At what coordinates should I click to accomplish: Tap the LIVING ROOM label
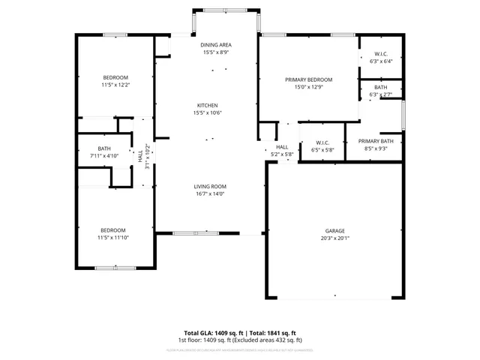[x=210, y=186]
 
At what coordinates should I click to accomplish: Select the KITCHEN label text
[x=208, y=105]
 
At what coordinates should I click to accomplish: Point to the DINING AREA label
[x=210, y=45]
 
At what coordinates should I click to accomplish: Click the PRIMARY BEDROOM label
[x=308, y=79]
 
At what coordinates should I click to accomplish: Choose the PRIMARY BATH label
[x=375, y=142]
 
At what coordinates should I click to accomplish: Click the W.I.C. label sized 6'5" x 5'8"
[x=322, y=142]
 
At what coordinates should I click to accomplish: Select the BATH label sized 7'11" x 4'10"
[x=104, y=148]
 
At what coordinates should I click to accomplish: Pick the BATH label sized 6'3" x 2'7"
[x=381, y=88]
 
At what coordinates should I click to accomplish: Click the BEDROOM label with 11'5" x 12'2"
[x=115, y=78]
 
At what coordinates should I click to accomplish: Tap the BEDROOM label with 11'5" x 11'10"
[x=113, y=230]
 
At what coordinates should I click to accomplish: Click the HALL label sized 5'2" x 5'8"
[x=282, y=147]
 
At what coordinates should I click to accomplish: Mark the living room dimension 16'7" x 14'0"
[x=210, y=193]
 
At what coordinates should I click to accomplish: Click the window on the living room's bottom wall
[x=196, y=233]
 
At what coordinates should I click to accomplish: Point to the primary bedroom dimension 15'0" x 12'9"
[x=308, y=87]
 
